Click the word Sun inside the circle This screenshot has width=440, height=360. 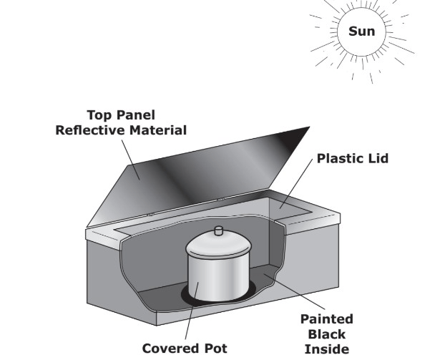coord(362,31)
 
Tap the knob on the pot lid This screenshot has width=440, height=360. coord(219,230)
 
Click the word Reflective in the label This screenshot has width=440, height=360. coord(91,130)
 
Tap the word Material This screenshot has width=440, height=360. coord(158,130)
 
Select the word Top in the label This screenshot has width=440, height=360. coord(99,115)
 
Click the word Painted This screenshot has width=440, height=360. coord(327,319)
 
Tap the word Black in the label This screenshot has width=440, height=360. coord(327,334)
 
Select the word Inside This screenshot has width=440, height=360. coord(327,349)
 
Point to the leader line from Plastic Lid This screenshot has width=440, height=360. coord(296,183)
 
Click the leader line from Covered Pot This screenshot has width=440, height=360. coord(192,311)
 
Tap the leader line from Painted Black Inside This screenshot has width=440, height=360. coord(294,292)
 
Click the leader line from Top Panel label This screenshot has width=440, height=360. coord(130,160)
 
